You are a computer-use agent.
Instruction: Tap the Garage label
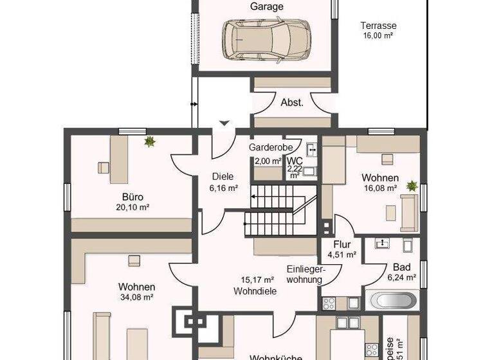pos(266,6)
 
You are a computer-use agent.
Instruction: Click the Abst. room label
pos(291,102)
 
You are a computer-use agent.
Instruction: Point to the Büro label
pos(133,197)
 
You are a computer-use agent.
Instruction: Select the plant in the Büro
pos(150,141)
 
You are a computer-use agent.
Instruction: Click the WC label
pos(295,161)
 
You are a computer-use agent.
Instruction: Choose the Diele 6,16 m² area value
pos(224,188)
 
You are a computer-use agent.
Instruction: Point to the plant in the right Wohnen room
pos(411,186)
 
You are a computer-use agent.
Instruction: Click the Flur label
pos(342,244)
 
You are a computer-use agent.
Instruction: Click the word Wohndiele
pos(255,291)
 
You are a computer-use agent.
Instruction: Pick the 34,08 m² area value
pos(136,297)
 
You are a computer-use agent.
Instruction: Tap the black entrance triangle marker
pos(224,123)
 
